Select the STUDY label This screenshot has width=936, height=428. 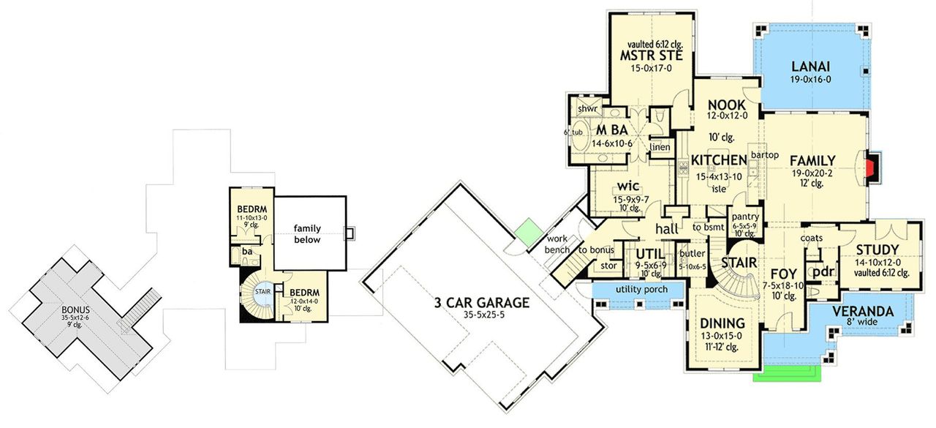[876, 250]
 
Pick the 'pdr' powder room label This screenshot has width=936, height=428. [823, 271]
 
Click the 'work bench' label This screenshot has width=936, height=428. [559, 244]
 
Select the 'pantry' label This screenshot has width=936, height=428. [744, 217]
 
